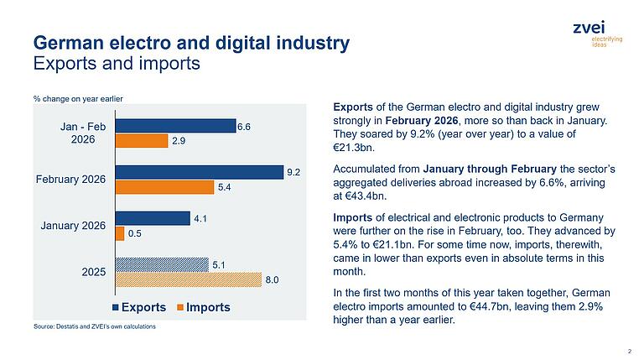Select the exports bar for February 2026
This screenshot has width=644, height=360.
point(200,172)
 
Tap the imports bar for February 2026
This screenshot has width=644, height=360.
point(164,187)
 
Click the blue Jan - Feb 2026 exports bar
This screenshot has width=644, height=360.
point(175,126)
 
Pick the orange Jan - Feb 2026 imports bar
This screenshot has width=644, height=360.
point(141,141)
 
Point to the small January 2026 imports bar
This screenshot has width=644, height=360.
point(119,233)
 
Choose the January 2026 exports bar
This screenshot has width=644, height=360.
point(152,218)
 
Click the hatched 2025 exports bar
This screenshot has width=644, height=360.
point(161,264)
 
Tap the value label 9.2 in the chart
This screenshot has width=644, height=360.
point(293,172)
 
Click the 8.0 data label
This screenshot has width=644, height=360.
point(272,279)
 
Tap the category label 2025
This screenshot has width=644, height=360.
point(93,272)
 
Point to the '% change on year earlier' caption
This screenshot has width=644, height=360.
point(78,99)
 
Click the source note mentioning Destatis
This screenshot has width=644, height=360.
point(95,326)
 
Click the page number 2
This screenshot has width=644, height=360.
point(629,350)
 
